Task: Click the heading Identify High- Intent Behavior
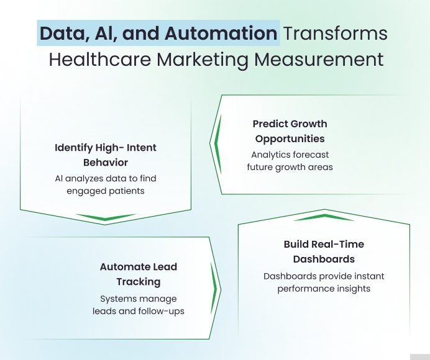[x=106, y=155]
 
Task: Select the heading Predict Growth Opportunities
[x=290, y=131]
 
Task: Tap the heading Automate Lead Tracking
[x=139, y=274]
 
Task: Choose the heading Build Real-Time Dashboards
[x=324, y=251]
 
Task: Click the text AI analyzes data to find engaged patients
[x=106, y=184]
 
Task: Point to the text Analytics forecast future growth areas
[x=290, y=161]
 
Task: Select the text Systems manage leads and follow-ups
[x=139, y=304]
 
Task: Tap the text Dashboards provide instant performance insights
[x=324, y=282]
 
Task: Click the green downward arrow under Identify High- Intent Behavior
[x=106, y=217]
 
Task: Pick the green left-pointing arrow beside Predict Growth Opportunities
[x=217, y=145]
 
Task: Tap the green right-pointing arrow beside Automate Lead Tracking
[x=215, y=289]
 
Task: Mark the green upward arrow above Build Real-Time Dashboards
[x=324, y=217]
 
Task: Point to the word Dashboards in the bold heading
[x=324, y=259]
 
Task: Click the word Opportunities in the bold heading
[x=290, y=138]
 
